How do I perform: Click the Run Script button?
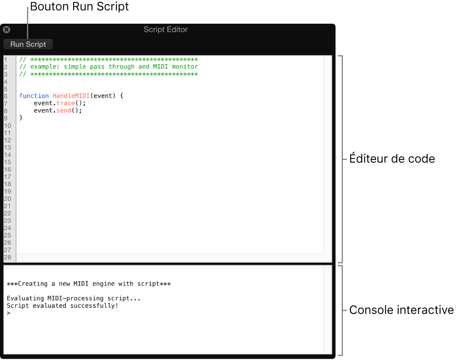(x=28, y=44)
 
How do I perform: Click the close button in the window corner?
(x=6, y=30)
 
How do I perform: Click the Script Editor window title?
(x=166, y=30)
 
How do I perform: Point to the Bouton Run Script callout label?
(x=79, y=7)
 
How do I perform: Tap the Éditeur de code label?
(x=392, y=159)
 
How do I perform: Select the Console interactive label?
(x=401, y=310)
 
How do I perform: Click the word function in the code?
(x=34, y=96)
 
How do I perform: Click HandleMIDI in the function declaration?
(x=71, y=96)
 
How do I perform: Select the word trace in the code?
(x=65, y=103)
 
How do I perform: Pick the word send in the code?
(x=64, y=110)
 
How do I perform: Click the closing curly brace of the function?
(x=21, y=118)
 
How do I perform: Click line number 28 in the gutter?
(x=8, y=257)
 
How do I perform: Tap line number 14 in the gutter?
(x=8, y=155)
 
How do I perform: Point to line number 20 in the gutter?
(x=8, y=199)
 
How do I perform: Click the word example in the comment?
(x=45, y=67)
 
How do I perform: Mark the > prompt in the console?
(x=8, y=313)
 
